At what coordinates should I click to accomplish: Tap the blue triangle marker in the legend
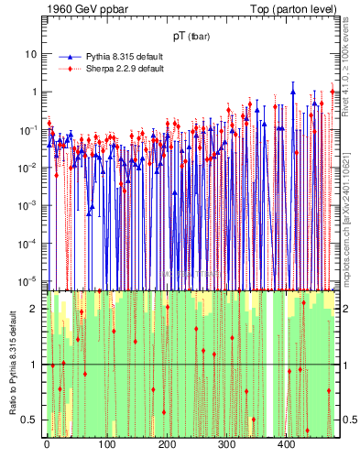tap(66, 57)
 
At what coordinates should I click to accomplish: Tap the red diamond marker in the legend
tap(66, 69)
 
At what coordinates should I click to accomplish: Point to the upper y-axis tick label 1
tap(34, 92)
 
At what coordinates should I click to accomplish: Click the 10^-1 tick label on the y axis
tap(28, 129)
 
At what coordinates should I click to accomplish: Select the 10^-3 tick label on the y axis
tap(28, 205)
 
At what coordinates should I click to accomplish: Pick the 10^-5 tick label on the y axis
tap(28, 280)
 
